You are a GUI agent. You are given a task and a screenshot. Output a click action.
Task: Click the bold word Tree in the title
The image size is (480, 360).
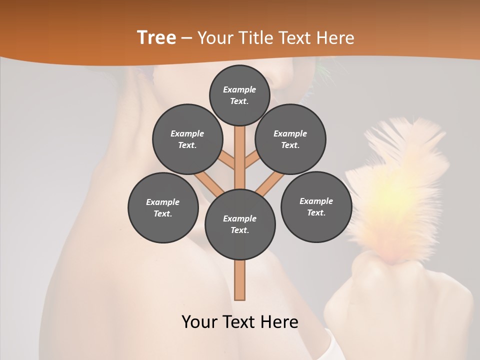pyautogui.click(x=156, y=38)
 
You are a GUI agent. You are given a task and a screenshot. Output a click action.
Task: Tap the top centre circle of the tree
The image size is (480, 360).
pyautogui.click(x=239, y=95)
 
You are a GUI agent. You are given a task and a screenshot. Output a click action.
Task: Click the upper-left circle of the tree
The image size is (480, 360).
pyautogui.click(x=187, y=139)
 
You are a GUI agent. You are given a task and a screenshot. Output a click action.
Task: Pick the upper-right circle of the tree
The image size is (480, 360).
pyautogui.click(x=290, y=139)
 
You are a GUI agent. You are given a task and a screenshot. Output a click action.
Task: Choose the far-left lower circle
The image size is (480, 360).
pyautogui.click(x=163, y=207)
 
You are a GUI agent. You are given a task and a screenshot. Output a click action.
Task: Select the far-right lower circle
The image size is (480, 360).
pyautogui.click(x=316, y=207)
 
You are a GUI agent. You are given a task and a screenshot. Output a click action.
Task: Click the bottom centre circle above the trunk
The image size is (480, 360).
pyautogui.click(x=240, y=224)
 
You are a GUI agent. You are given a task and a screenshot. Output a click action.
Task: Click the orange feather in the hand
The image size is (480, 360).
pyautogui.click(x=400, y=190)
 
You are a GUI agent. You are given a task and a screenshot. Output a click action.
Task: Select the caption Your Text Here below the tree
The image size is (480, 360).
pyautogui.click(x=240, y=322)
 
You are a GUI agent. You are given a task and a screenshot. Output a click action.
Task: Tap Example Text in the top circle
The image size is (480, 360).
pyautogui.click(x=239, y=95)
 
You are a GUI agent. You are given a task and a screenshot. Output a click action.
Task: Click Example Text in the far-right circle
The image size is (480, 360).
pyautogui.click(x=316, y=207)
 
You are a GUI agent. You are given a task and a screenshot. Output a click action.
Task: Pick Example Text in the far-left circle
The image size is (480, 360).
pyautogui.click(x=163, y=208)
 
